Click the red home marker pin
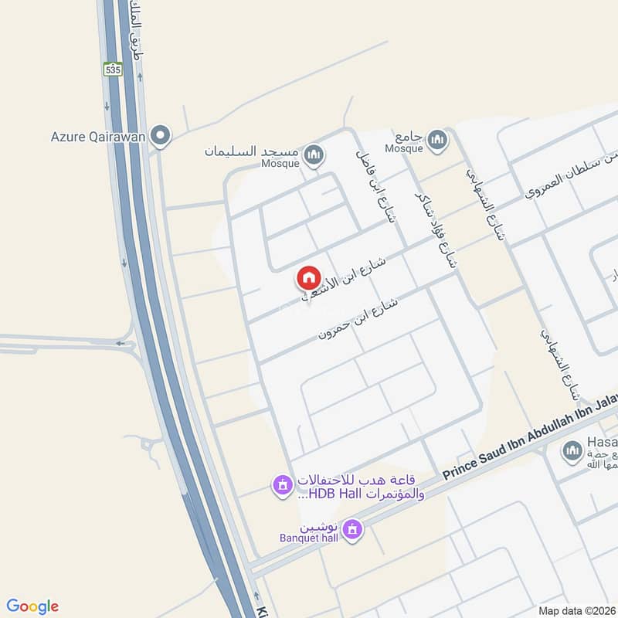click(x=308, y=277)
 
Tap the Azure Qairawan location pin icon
click(x=161, y=136)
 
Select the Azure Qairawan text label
click(x=99, y=137)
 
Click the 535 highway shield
click(x=114, y=69)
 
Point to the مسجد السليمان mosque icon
click(x=314, y=155)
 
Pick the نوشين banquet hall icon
click(x=353, y=530)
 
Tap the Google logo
click(x=32, y=606)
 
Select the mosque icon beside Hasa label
click(x=572, y=450)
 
